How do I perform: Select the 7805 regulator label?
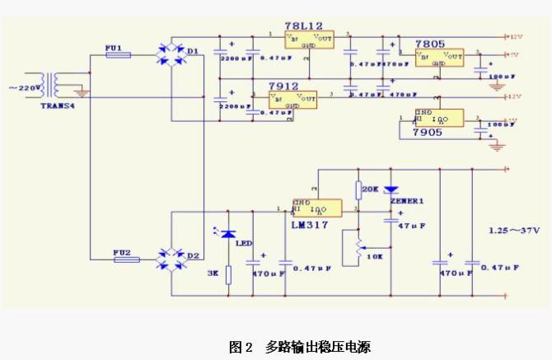click(431, 44)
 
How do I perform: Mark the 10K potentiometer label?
click(375, 257)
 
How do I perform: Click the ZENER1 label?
click(407, 200)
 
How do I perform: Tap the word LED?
click(244, 243)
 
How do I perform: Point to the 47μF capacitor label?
click(412, 225)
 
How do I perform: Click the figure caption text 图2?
click(241, 347)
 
